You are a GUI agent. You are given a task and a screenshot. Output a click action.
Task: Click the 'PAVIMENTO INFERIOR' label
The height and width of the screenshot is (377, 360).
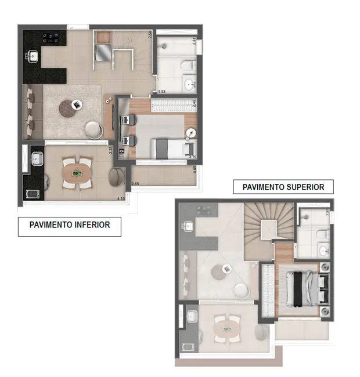tap(69, 224)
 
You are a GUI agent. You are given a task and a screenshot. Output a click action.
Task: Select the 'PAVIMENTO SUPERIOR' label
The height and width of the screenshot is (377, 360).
tap(283, 187)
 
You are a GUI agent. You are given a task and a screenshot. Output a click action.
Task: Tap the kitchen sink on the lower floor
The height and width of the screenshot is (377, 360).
tap(32, 57)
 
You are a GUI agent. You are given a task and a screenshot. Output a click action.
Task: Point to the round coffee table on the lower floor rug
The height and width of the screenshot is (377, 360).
tap(75, 105)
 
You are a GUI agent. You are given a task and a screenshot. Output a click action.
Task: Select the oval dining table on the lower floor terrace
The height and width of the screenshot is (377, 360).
tap(77, 172)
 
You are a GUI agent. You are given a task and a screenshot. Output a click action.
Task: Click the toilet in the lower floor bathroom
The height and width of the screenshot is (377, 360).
tap(188, 66)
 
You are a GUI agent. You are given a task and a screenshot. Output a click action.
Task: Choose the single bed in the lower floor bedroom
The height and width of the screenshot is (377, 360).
tap(168, 147)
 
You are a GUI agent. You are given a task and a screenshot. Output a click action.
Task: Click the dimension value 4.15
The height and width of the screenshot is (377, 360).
tap(121, 199)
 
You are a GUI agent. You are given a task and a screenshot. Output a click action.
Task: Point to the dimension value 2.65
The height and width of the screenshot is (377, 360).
tap(135, 184)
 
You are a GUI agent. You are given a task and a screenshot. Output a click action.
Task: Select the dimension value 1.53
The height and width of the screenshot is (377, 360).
tap(163, 92)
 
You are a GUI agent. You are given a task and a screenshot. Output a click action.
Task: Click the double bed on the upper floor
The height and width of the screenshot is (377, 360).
tap(302, 288)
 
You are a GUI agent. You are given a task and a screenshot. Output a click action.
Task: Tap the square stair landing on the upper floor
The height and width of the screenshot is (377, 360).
tap(269, 230)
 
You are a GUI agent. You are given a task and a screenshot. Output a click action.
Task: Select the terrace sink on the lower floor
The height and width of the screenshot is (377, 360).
tap(35, 158)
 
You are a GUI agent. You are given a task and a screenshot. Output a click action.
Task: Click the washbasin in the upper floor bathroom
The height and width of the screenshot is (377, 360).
tap(323, 250)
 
